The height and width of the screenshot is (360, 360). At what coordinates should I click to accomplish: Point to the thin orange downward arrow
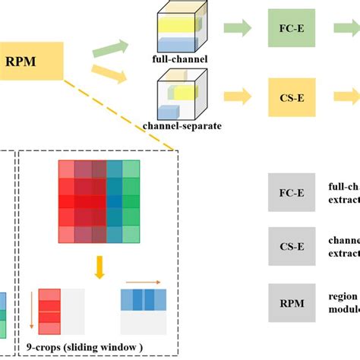[x=32, y=310]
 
